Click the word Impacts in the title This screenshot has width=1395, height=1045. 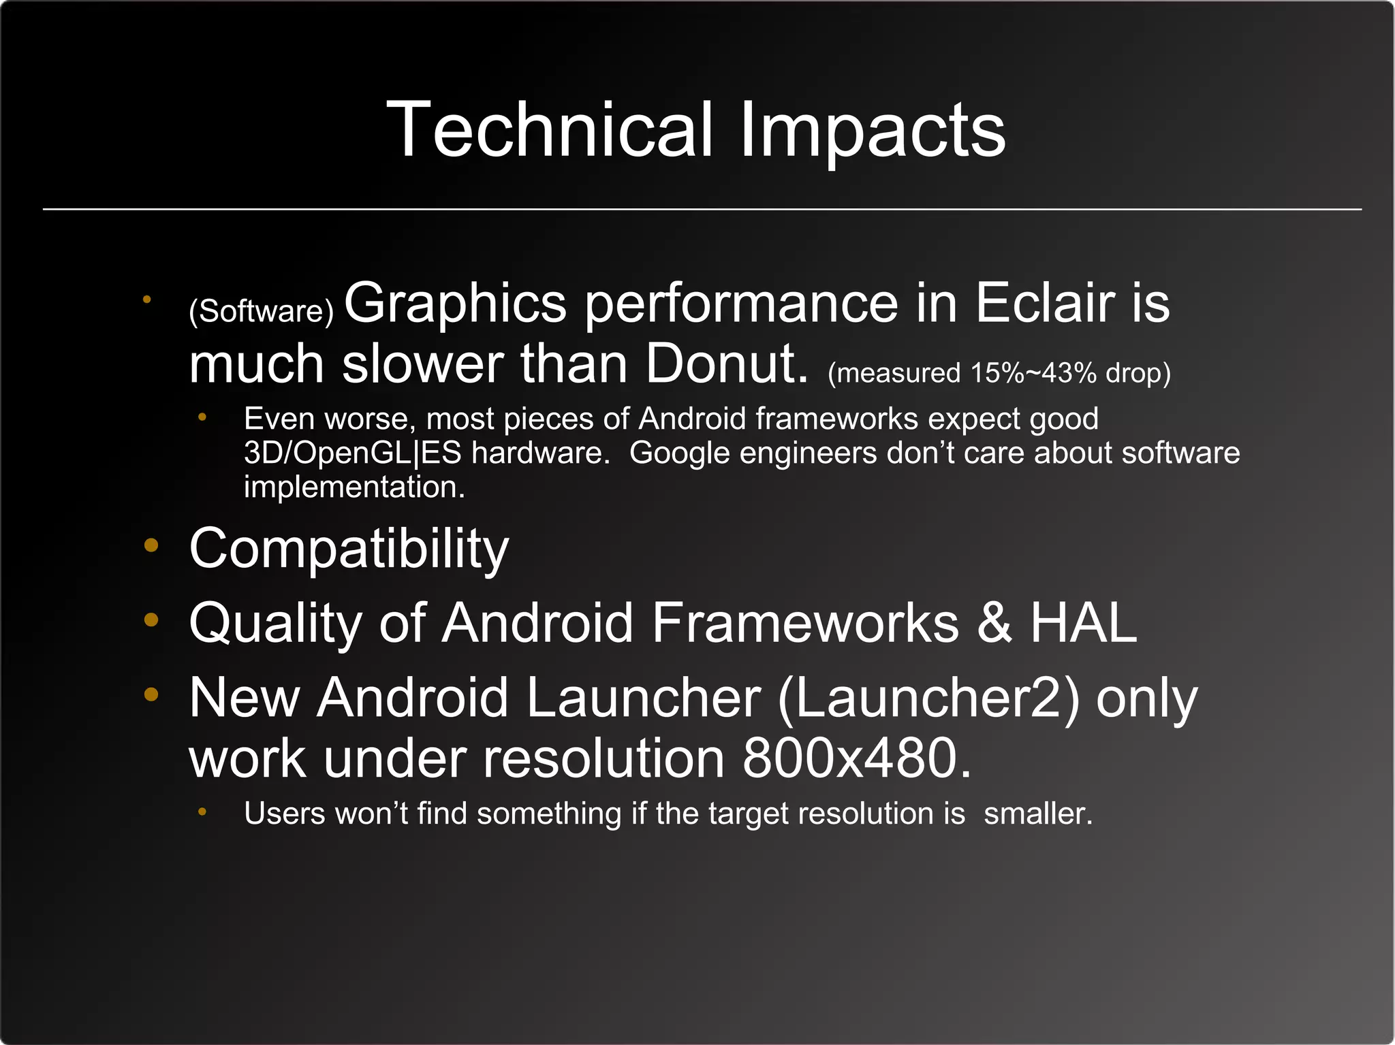(x=872, y=131)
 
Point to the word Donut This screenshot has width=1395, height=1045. (x=726, y=364)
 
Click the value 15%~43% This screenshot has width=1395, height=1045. (x=1033, y=373)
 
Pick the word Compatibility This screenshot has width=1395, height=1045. (x=349, y=549)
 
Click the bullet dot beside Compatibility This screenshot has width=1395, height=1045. (x=151, y=545)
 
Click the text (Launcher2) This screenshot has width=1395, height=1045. (x=928, y=698)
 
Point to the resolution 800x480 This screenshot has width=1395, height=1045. (x=856, y=758)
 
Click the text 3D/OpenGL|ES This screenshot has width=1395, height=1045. (x=352, y=453)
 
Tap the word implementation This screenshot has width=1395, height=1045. (x=354, y=487)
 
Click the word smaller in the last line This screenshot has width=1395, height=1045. (x=1037, y=814)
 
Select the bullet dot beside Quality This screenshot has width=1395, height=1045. (x=151, y=620)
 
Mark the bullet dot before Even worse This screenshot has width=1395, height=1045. (x=202, y=417)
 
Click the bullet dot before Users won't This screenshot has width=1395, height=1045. (x=202, y=811)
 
